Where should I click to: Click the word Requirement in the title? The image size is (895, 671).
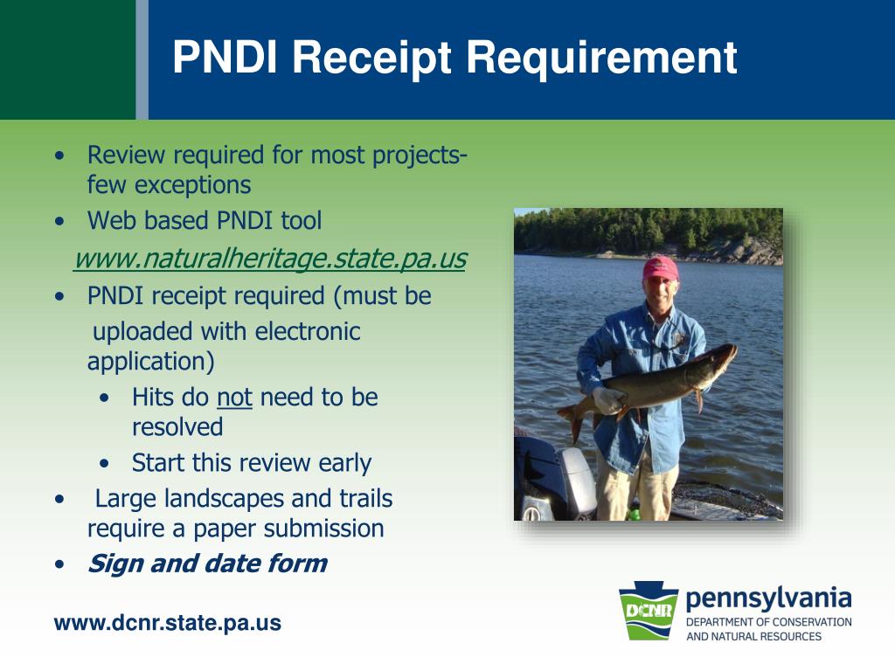601,58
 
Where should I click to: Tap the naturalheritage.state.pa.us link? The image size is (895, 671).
270,258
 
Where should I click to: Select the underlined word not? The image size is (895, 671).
234,398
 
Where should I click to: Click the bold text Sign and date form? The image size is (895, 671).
207,564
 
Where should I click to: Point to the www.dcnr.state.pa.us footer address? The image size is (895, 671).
167,622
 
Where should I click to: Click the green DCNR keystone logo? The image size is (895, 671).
649,611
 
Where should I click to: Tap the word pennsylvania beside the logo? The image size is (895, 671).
768,599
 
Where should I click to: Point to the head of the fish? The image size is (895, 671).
718,356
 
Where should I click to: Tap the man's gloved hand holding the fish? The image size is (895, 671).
607,399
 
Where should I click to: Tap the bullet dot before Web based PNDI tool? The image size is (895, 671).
60,221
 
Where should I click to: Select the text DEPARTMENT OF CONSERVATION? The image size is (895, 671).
768,622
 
